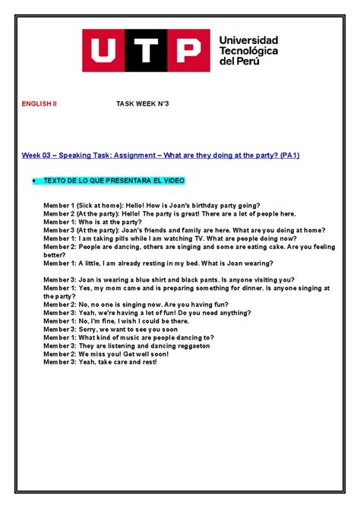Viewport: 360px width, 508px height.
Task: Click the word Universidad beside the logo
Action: tap(248, 39)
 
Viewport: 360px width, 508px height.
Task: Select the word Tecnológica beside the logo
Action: tap(248, 50)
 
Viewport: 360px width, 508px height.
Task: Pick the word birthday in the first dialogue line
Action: tap(209, 206)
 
